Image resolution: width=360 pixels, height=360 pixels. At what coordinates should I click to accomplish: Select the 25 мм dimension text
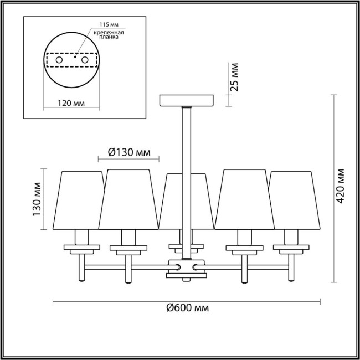[235, 78]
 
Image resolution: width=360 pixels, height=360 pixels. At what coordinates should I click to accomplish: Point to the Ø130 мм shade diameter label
[128, 152]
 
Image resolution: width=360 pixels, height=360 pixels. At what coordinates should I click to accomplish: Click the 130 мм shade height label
[37, 199]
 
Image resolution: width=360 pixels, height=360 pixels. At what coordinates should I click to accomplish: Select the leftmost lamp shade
[81, 199]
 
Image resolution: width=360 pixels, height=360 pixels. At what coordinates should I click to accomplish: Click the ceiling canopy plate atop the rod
[187, 100]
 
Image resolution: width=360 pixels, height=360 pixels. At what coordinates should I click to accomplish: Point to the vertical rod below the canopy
[187, 138]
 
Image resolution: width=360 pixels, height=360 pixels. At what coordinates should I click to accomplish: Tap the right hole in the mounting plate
[85, 59]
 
